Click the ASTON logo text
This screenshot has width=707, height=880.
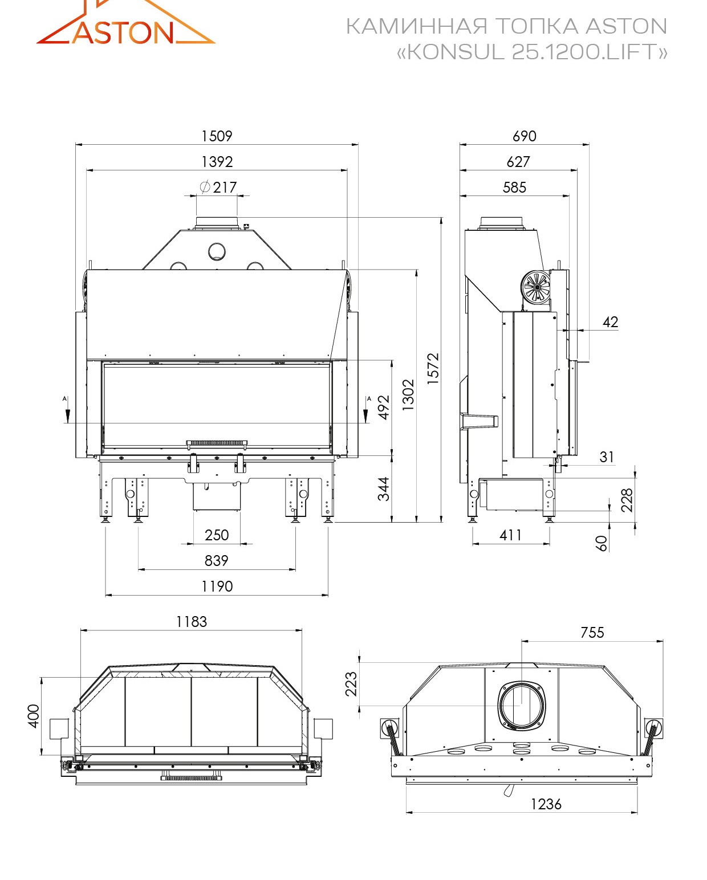(123, 32)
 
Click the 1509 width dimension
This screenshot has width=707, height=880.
(217, 136)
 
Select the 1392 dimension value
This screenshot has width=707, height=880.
(217, 162)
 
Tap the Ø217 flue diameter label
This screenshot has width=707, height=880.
(218, 188)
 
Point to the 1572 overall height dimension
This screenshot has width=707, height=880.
(433, 368)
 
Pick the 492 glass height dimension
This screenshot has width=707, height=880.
(384, 407)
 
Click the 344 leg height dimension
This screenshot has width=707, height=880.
(384, 489)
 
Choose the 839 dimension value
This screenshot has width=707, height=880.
(217, 560)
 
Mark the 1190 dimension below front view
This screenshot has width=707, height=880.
(217, 586)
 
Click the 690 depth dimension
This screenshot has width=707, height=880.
(525, 136)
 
